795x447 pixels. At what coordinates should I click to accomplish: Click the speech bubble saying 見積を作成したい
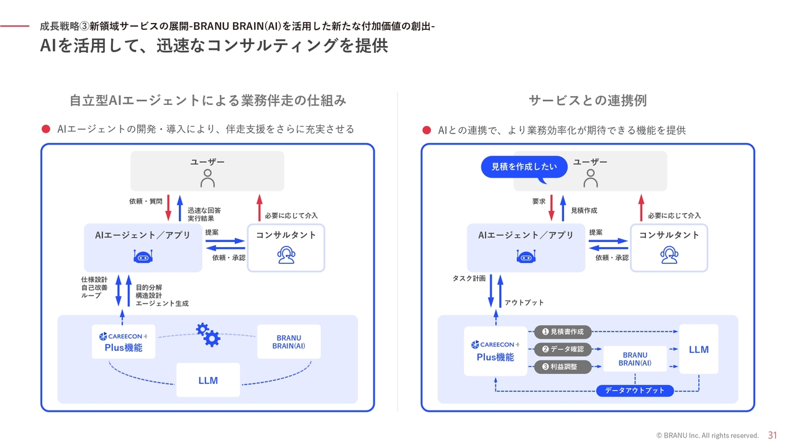[524, 167]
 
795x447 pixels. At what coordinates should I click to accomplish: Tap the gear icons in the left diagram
[208, 335]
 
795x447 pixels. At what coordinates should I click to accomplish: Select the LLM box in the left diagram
[208, 380]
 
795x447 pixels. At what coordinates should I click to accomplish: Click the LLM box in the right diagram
[699, 349]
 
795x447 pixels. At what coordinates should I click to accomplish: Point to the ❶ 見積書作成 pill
[563, 332]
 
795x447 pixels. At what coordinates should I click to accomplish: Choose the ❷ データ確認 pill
[563, 350]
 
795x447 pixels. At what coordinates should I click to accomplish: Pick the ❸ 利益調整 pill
[563, 367]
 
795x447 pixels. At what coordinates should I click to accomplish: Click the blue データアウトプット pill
[635, 391]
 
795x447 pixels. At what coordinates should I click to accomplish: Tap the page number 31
[773, 435]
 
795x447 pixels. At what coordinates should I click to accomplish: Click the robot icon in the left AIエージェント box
[143, 256]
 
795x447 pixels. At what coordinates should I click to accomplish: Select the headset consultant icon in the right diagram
[669, 255]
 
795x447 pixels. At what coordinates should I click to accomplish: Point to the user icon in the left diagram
[207, 178]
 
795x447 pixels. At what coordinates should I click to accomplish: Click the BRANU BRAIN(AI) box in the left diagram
[289, 342]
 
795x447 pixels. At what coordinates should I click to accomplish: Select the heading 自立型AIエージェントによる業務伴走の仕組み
[207, 100]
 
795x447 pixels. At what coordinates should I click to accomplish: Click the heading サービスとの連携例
[588, 100]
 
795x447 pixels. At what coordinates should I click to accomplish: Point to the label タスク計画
[469, 279]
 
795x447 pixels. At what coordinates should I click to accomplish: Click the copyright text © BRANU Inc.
[707, 436]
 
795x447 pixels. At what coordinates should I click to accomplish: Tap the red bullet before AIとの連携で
[427, 130]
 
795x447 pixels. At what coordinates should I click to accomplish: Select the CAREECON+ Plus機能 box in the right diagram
[495, 351]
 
